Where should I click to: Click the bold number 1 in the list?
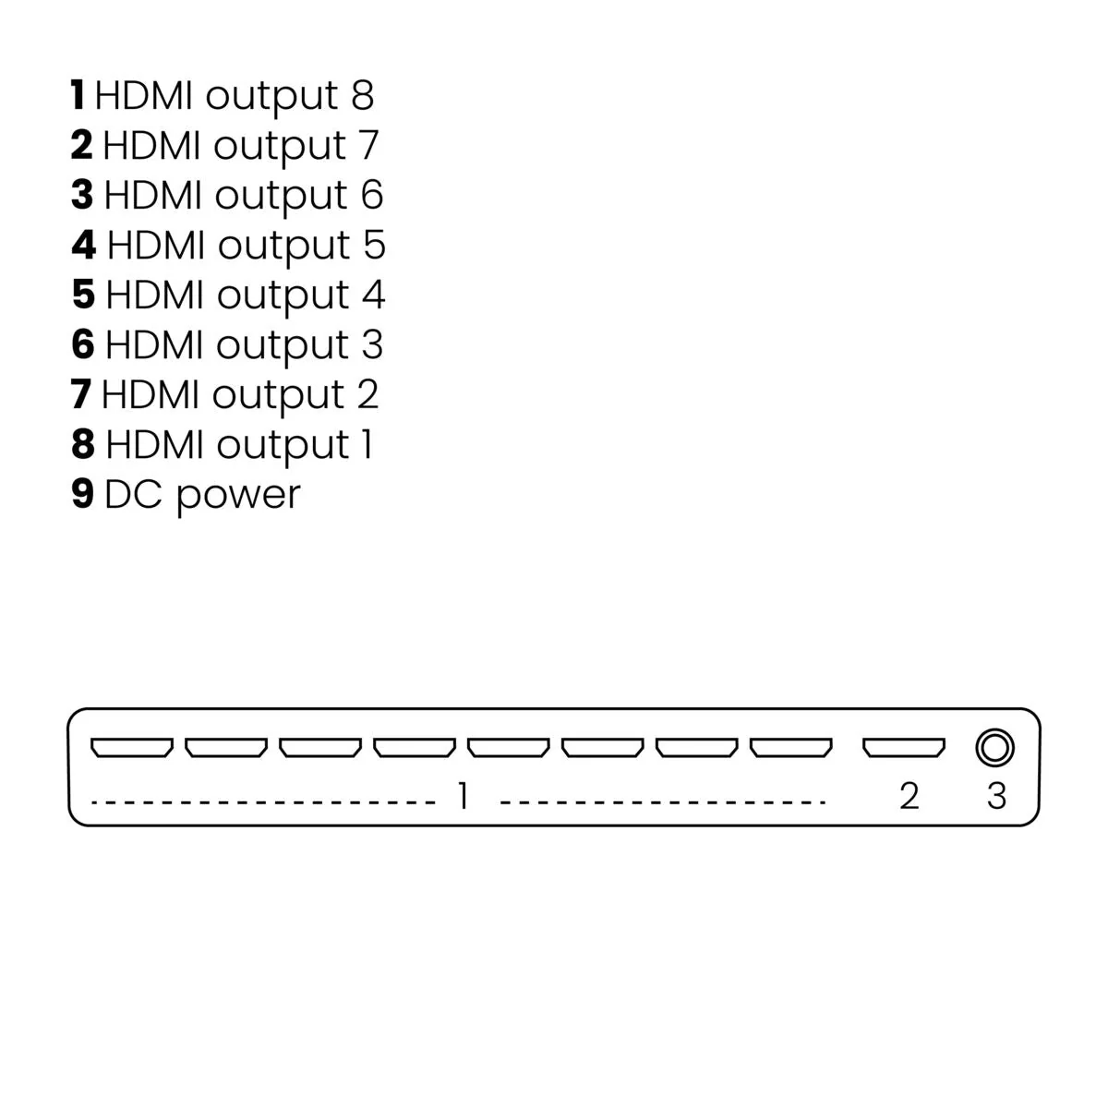(x=78, y=95)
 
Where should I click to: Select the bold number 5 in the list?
(x=83, y=295)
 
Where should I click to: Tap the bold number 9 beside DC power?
(x=83, y=494)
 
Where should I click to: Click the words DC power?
(x=202, y=495)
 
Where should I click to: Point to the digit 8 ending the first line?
(x=363, y=95)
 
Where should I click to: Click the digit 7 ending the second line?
(x=367, y=145)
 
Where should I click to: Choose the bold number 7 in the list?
(x=80, y=394)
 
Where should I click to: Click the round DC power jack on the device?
(x=994, y=747)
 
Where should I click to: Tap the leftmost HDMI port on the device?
(x=131, y=747)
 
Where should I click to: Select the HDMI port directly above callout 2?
(x=904, y=747)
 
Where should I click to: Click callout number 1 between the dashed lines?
(x=463, y=795)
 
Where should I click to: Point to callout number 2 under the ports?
(x=909, y=796)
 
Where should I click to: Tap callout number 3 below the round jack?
(x=996, y=796)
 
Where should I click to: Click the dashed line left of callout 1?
(x=263, y=802)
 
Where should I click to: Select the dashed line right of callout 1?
(x=662, y=802)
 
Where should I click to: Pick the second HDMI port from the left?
(x=226, y=747)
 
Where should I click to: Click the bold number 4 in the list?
(x=84, y=245)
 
